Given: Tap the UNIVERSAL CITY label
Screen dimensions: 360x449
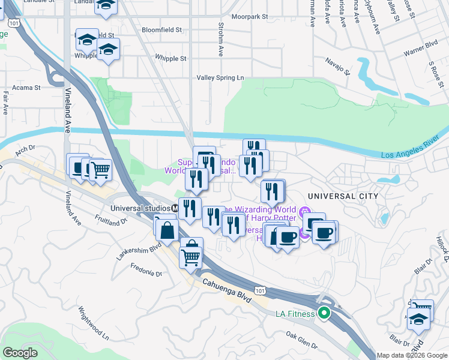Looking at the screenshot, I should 343,196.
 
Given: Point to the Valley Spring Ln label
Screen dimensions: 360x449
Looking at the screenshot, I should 221,78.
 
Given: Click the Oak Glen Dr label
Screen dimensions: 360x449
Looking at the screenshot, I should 301,339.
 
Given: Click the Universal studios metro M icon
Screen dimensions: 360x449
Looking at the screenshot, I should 174,208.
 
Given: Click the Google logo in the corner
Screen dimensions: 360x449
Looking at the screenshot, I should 20,353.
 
